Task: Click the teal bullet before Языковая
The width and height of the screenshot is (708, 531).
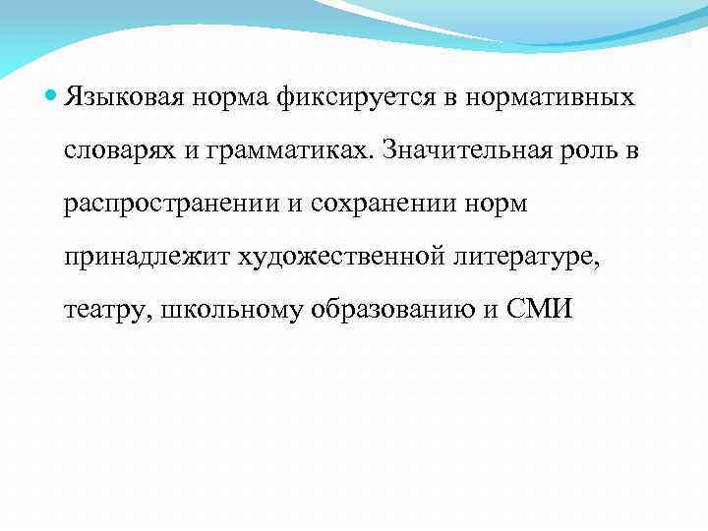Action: [x=51, y=97]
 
